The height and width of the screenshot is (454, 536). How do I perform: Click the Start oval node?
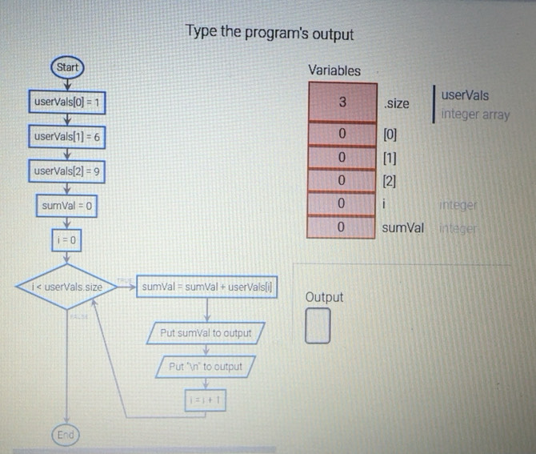[66, 67]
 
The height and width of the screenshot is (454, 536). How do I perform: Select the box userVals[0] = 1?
[66, 102]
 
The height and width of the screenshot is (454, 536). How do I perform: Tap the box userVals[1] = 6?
[66, 137]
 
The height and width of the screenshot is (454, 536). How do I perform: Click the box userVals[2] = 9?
[66, 171]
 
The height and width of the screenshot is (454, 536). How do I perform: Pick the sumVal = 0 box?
[67, 206]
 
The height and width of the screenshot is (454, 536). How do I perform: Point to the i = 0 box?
[66, 239]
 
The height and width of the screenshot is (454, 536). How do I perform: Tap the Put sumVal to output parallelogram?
[206, 332]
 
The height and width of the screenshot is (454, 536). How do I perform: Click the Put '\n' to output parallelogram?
[206, 366]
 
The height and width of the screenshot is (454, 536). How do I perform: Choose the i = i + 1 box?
[206, 398]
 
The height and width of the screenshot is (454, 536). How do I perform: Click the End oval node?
[66, 435]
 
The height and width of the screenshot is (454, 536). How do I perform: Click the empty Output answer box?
[318, 327]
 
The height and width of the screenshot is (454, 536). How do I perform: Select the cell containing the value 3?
[342, 102]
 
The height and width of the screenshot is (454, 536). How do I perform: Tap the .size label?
[396, 103]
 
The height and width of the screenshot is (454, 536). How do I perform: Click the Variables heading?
[334, 70]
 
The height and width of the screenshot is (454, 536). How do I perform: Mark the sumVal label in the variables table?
[402, 228]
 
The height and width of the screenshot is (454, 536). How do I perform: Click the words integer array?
[474, 114]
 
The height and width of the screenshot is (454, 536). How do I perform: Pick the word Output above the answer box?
[324, 297]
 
